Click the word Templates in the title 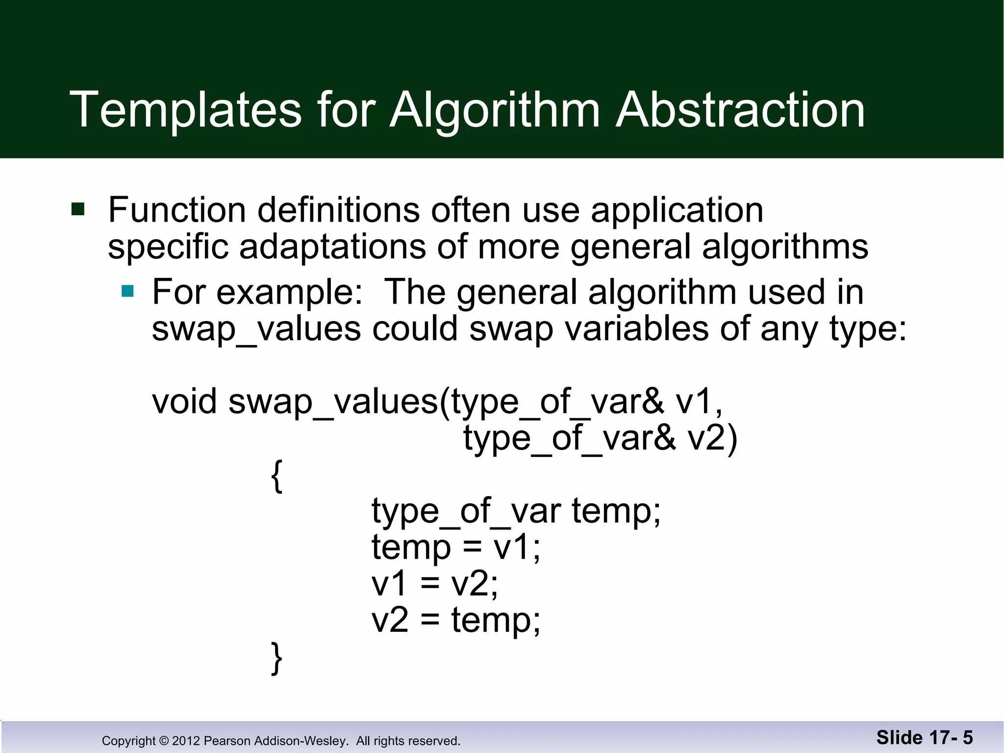click(185, 110)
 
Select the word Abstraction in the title click(740, 110)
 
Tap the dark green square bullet click(78, 209)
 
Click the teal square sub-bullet click(128, 292)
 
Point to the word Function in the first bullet click(177, 210)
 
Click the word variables click(637, 328)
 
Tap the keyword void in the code click(184, 402)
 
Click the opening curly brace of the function click(277, 476)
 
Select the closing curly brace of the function click(277, 658)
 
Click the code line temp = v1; click(456, 547)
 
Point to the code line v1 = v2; click(435, 584)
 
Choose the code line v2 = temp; click(456, 620)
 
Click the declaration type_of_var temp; click(516, 511)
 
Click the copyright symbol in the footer click(164, 741)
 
